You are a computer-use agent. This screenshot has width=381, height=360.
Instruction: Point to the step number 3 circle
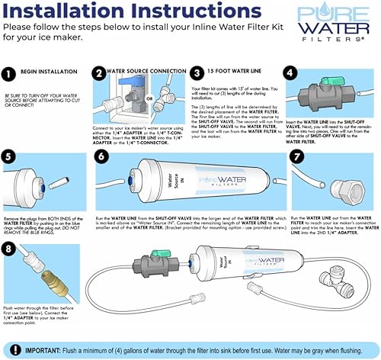tap(196, 75)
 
